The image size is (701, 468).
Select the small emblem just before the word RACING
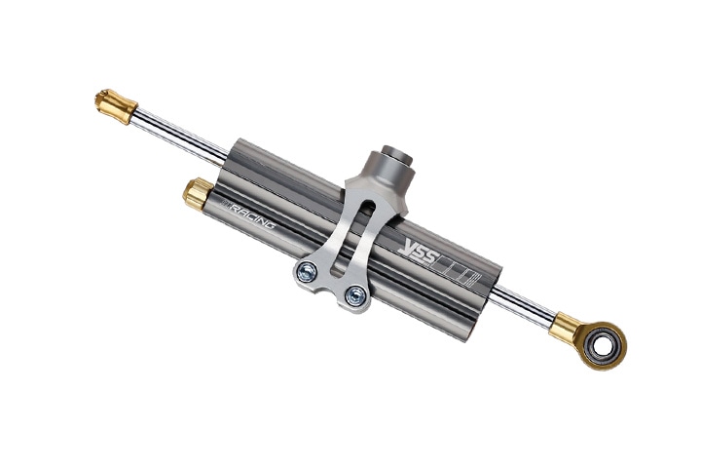pos(227,207)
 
